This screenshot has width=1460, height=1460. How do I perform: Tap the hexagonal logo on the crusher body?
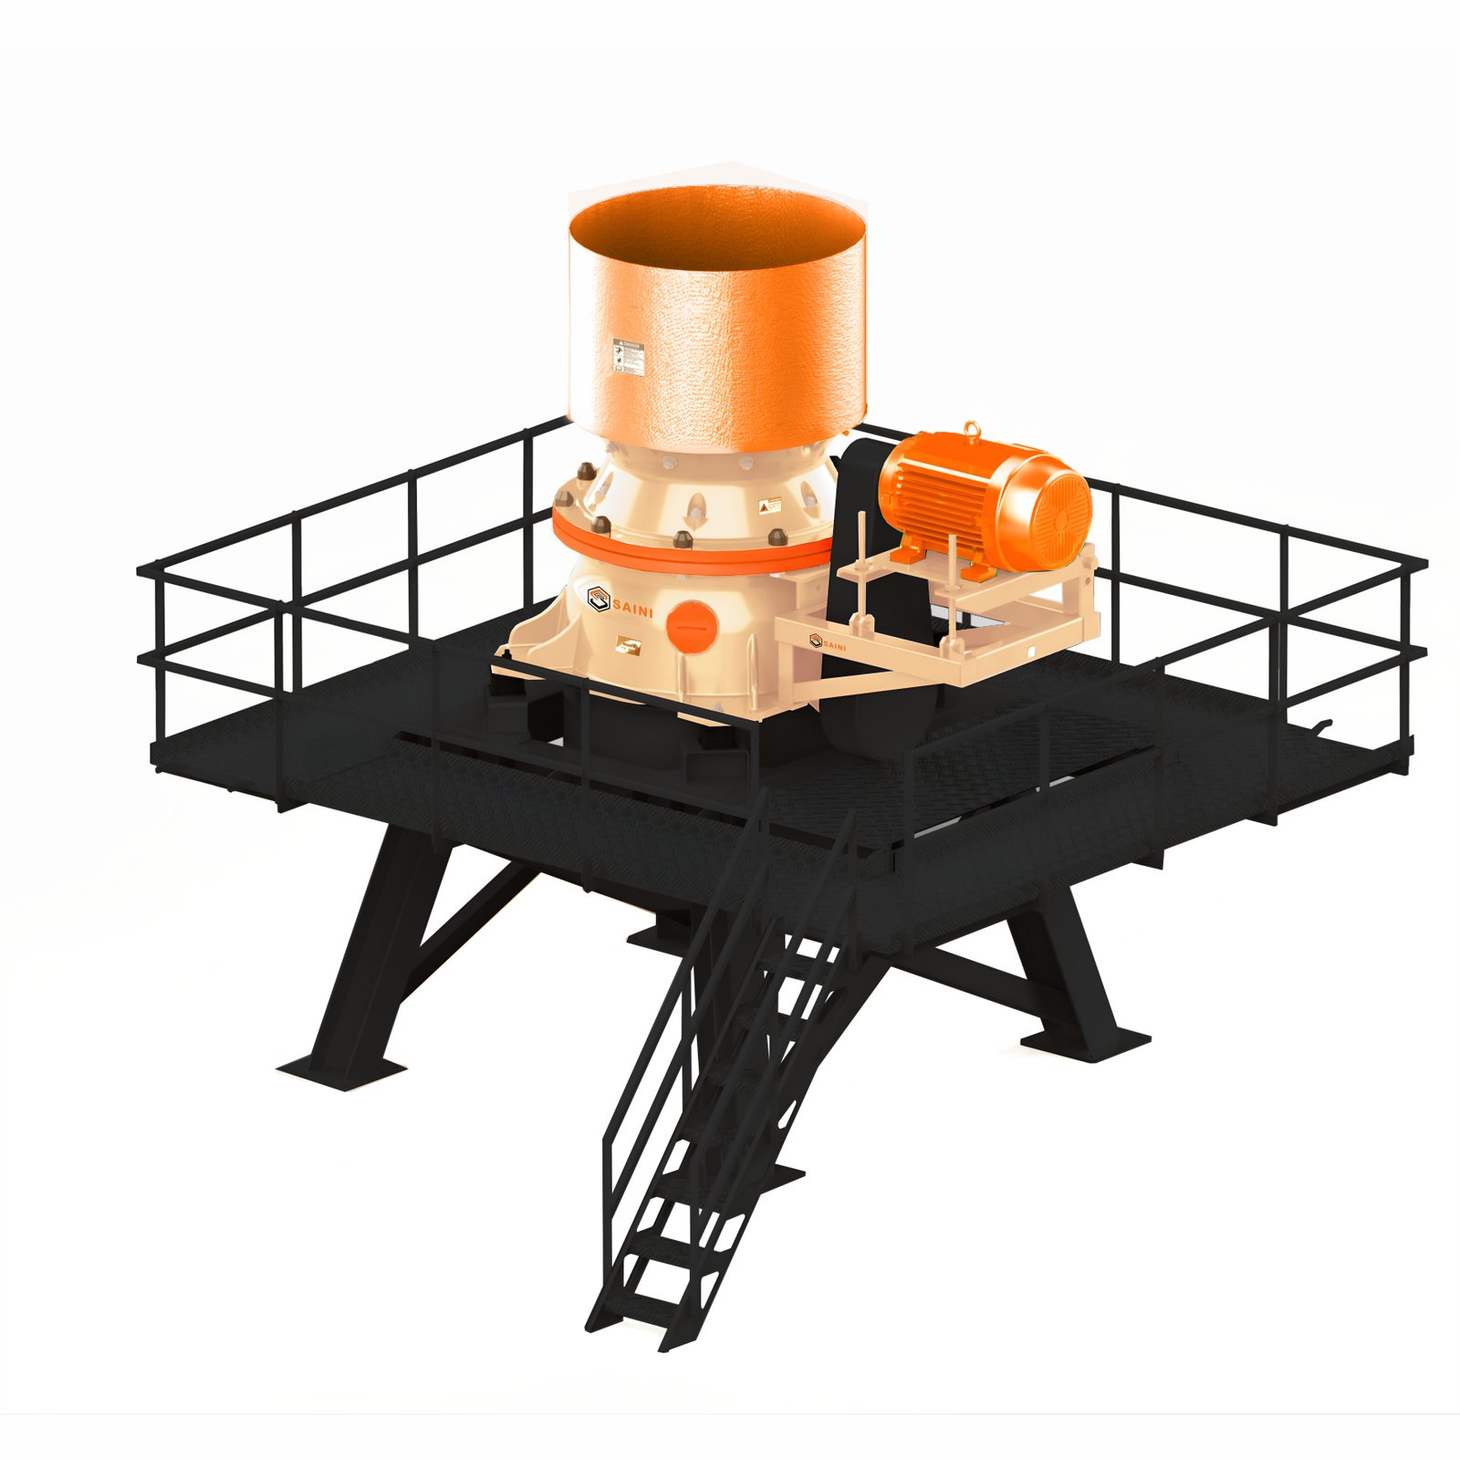[598, 599]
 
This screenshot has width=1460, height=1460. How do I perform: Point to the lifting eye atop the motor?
[974, 428]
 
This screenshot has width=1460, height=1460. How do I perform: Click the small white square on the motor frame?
[1029, 652]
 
